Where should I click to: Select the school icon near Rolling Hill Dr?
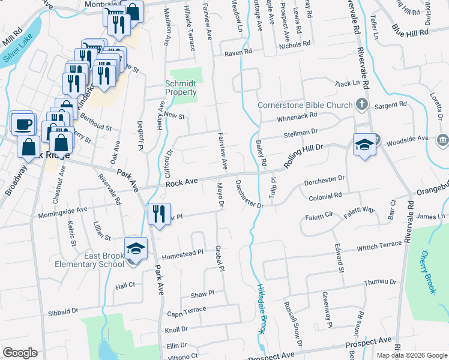coord(364,145)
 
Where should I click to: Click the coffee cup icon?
coord(23,124)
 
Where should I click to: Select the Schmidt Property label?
coord(181,88)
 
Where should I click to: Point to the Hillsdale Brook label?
coord(261,308)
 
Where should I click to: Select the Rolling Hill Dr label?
coord(303,154)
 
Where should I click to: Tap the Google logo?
coord(20,352)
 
